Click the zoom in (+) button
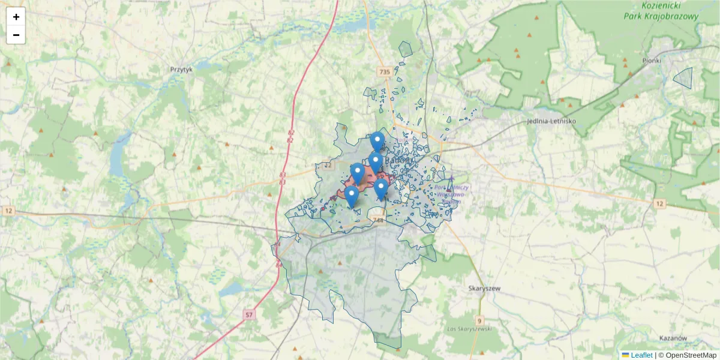point(16,17)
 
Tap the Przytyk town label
point(181,70)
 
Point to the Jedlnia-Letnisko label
point(550,121)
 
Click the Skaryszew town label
point(484,289)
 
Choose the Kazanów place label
point(672,338)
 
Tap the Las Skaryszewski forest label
point(470,329)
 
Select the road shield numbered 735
point(385,72)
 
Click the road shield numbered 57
point(250,314)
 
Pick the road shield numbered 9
point(479,321)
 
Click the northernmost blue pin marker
point(377,142)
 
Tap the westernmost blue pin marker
point(352,196)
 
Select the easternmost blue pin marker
point(381,189)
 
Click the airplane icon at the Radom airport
point(451,179)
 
